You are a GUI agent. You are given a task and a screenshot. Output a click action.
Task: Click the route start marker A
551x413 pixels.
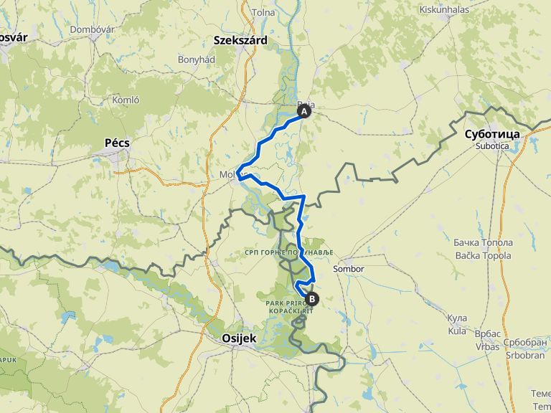click(304, 112)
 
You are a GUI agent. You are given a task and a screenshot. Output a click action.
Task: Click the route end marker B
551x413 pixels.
click(311, 299)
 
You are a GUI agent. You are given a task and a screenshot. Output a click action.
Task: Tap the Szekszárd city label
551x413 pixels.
click(240, 41)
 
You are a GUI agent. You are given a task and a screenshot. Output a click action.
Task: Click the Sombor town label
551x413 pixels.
click(349, 269)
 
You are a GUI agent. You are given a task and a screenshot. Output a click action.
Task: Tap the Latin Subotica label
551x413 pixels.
click(492, 146)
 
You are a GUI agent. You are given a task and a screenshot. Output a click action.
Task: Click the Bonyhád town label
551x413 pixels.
click(197, 60)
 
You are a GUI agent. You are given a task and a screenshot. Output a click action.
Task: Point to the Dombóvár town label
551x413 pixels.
click(93, 29)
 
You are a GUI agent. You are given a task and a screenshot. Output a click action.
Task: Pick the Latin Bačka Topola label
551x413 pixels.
click(483, 255)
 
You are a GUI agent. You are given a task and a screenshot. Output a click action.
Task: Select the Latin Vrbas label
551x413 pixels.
click(487, 346)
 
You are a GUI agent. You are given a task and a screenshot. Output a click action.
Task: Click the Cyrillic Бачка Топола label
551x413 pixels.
click(483, 243)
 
